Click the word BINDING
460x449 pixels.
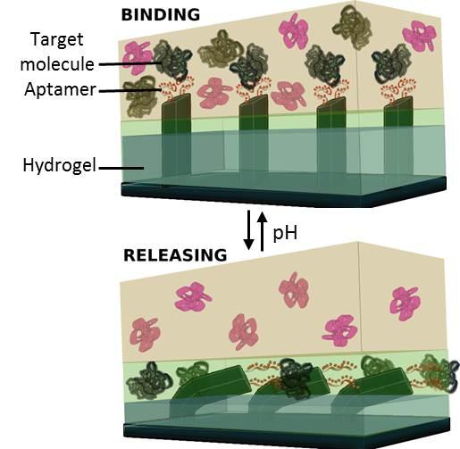pos(161,15)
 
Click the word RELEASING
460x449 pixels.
pos(175,255)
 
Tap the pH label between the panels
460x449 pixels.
pos(285,233)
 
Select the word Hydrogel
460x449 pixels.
pos(60,165)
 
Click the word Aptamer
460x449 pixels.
pos(61,89)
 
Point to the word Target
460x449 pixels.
pos(57,39)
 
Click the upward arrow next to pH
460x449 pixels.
pos(262,231)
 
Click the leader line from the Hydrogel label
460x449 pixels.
pos(121,168)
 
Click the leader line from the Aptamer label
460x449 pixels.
pos(130,90)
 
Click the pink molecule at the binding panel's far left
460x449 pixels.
pos(138,58)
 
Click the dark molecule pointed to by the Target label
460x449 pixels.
pos(173,61)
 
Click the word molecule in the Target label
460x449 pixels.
pos(57,64)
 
